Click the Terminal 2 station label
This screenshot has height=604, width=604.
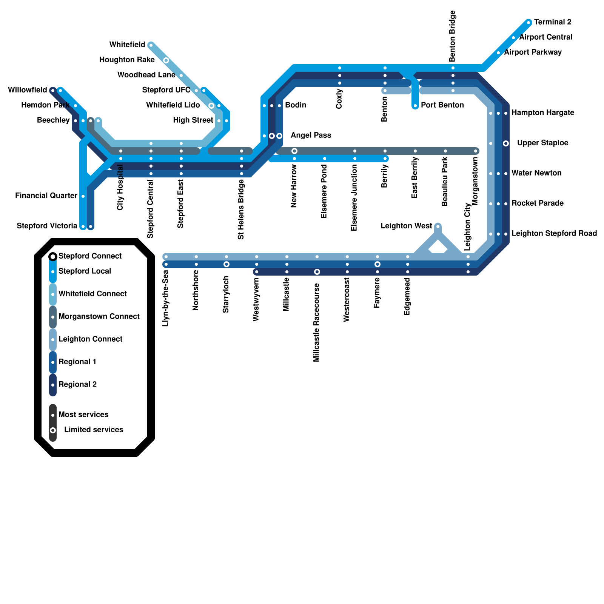552,22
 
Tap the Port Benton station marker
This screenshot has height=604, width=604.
415,106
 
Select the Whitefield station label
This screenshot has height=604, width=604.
127,45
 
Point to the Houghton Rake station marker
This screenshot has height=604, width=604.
166,60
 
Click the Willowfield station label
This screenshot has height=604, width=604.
28,90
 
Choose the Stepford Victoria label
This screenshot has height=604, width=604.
47,226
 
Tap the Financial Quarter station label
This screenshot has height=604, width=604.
46,196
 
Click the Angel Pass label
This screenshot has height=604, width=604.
311,136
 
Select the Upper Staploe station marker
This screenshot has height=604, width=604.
506,143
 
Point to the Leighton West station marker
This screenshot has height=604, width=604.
438,226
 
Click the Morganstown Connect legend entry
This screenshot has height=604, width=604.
99,317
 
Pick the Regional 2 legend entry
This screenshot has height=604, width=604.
77,385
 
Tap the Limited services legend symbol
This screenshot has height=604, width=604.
53,430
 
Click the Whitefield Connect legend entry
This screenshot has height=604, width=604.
92,294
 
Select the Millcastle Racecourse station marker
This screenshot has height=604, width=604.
317,272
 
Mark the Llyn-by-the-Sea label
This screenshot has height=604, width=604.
165,298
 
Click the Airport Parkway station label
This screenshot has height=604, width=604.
533,52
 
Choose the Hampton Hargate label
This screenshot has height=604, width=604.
542,113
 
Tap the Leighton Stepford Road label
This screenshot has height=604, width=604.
554,234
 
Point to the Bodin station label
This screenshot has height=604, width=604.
296,105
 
